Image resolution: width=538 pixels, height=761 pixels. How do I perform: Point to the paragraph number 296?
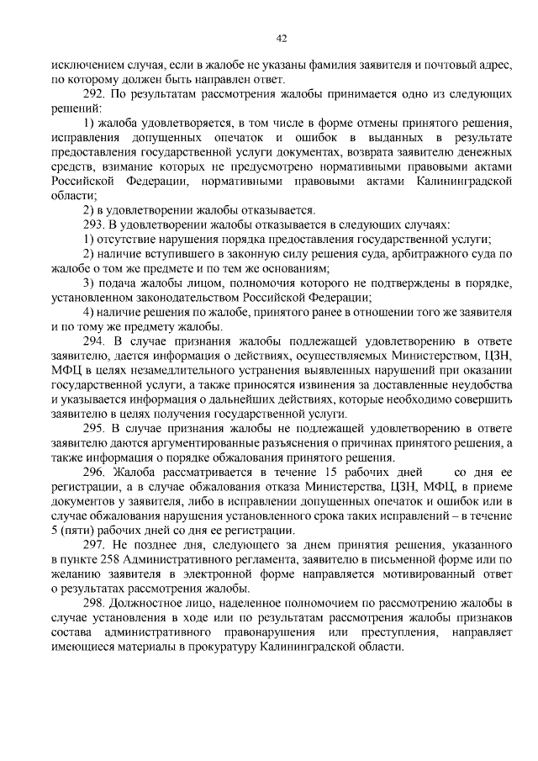93,473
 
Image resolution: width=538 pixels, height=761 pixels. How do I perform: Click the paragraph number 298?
93,604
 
